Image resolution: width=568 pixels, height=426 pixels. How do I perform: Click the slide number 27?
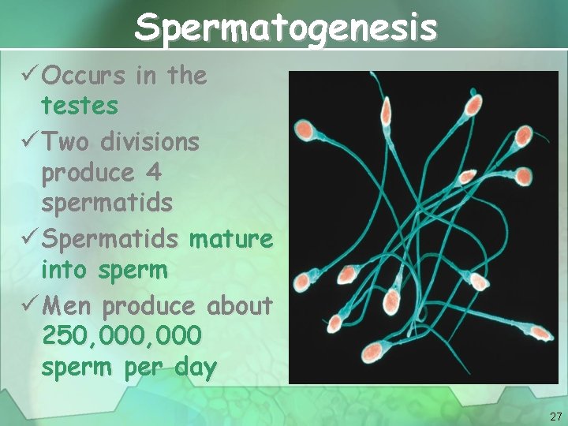click(555, 416)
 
